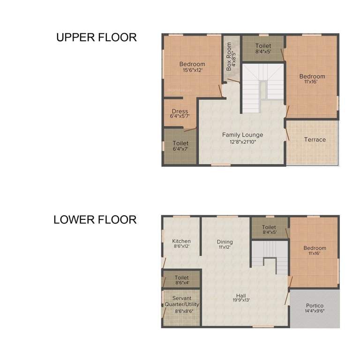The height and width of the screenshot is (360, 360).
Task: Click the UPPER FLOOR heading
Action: coord(97,37)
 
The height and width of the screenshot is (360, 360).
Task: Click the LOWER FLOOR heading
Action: coord(95,219)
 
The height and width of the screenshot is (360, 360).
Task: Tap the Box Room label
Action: coord(229,56)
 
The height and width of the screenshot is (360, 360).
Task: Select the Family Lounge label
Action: coord(242,135)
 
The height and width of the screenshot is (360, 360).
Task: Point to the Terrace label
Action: coord(315,140)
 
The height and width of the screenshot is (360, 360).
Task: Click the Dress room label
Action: coord(180,112)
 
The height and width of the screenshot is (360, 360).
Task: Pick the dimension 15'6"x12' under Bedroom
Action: coord(192,70)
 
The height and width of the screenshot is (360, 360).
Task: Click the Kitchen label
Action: coord(181,241)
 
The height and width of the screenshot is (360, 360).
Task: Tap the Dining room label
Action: coord(225,242)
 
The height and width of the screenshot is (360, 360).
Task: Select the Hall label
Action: coord(241,296)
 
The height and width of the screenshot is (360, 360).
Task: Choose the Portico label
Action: coord(315,305)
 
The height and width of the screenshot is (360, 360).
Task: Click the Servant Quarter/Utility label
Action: coord(181,301)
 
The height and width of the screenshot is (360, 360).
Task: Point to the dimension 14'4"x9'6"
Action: coord(315,311)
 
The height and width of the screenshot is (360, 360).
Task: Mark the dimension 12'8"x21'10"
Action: coord(242,141)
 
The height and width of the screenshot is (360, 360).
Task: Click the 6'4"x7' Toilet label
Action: coord(180,143)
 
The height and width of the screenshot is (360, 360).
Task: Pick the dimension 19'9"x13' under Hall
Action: coord(241,301)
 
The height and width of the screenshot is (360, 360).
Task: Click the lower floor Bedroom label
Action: coord(315,248)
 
